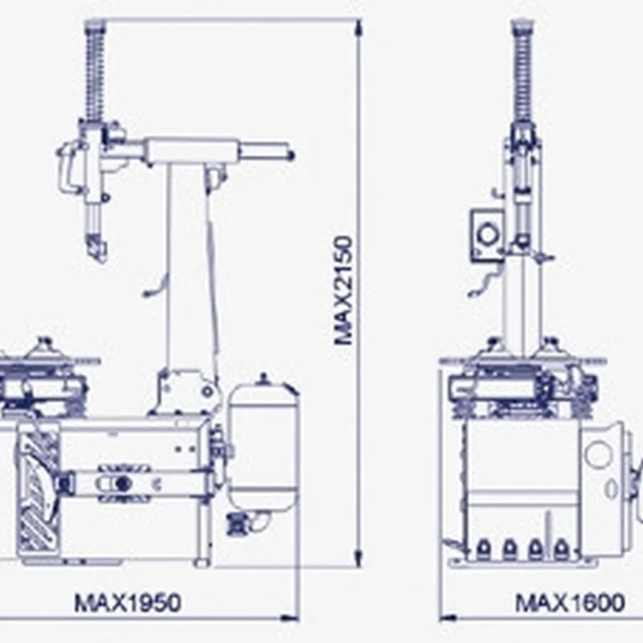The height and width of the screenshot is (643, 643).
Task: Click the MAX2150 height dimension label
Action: coord(343,291)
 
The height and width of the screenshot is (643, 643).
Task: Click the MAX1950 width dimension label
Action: coord(128,603)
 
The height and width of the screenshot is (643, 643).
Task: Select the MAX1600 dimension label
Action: coord(570,603)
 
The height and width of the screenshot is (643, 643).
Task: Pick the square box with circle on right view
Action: coord(487,235)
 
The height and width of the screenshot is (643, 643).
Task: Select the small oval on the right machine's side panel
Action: coord(612,489)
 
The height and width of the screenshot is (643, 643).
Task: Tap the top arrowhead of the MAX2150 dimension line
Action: coord(358,29)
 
